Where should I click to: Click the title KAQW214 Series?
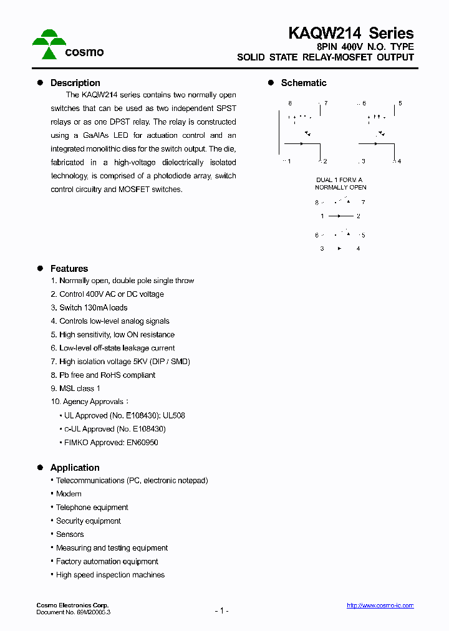tap(350, 32)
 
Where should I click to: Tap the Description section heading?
tap(75, 83)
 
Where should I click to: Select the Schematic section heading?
tap(303, 83)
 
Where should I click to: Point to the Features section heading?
tap(69, 269)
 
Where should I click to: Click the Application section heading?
tap(75, 468)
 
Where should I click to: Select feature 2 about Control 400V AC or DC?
tap(107, 294)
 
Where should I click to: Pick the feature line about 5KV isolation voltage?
tap(120, 362)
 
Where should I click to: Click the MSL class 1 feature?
tap(75, 388)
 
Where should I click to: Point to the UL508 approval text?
tap(174, 415)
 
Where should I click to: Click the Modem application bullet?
tap(69, 494)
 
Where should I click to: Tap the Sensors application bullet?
tap(70, 534)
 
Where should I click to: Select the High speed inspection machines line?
tap(110, 575)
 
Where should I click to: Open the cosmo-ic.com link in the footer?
tap(380, 605)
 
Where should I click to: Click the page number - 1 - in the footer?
tap(221, 611)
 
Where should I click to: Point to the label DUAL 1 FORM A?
tap(339, 180)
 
